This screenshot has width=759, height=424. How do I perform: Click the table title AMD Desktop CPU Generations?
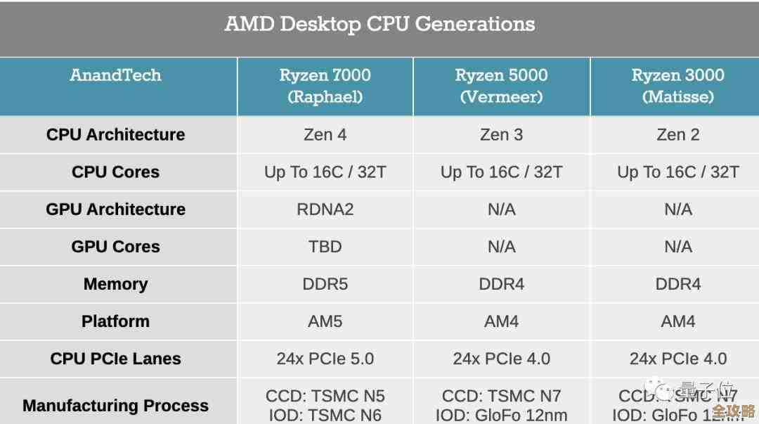[x=379, y=24]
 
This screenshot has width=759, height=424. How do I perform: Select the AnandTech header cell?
[x=116, y=75]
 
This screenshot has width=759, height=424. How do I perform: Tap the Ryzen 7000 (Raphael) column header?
[x=325, y=86]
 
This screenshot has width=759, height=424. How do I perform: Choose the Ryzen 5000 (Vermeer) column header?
[x=501, y=86]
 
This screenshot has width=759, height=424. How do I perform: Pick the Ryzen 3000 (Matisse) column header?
[x=677, y=86]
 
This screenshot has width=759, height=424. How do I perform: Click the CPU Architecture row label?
[x=116, y=134]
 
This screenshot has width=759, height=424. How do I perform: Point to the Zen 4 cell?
[x=325, y=134]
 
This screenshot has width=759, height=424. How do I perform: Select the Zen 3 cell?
[x=501, y=134]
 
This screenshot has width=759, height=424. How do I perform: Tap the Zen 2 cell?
[x=677, y=134]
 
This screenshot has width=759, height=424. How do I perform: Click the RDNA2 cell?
[x=325, y=210]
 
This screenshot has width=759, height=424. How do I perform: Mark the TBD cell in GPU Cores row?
[x=325, y=247]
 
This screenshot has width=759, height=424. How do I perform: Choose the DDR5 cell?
[x=325, y=284]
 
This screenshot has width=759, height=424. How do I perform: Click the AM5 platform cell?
[x=325, y=321]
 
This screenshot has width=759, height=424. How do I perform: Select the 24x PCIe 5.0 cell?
[x=325, y=359]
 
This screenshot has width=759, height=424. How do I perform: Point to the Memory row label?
[x=116, y=284]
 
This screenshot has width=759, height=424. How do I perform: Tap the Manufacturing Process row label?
[x=116, y=406]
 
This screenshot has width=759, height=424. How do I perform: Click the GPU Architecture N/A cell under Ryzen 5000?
[x=501, y=210]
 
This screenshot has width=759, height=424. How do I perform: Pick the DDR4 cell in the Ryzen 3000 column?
[x=677, y=284]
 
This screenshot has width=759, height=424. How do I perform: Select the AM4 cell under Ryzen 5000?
[x=501, y=321]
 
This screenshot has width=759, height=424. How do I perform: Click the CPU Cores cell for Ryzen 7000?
[x=325, y=172]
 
